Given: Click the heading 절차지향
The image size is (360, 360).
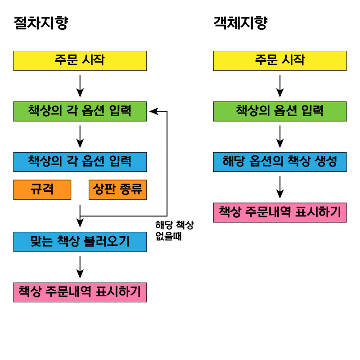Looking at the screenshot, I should [x=40, y=23].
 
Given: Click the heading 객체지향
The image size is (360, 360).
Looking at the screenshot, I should [x=240, y=23].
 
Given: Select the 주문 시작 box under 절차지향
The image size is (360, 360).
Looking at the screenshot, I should [x=80, y=61].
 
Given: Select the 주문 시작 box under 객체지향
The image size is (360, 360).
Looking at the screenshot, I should [x=279, y=61].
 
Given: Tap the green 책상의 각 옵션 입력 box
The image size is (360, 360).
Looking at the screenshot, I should [x=80, y=111].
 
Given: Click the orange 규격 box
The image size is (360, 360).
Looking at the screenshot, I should [x=42, y=189].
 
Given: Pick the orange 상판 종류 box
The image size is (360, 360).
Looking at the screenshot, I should [x=117, y=189].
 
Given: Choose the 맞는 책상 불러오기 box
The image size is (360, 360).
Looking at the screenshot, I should [x=80, y=242].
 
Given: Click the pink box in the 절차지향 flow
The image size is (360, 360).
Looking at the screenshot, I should [x=80, y=292].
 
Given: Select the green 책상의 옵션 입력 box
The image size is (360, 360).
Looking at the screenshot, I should [x=279, y=111].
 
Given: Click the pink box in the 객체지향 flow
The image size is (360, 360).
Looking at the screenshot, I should [x=279, y=212].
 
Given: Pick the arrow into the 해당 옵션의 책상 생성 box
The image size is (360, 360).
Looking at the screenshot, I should [x=280, y=137].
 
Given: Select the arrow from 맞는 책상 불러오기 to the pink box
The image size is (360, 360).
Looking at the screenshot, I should [x=80, y=267].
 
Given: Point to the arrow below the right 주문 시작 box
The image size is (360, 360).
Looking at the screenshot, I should [x=280, y=86].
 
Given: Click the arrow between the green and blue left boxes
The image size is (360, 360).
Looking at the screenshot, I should [x=80, y=137].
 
